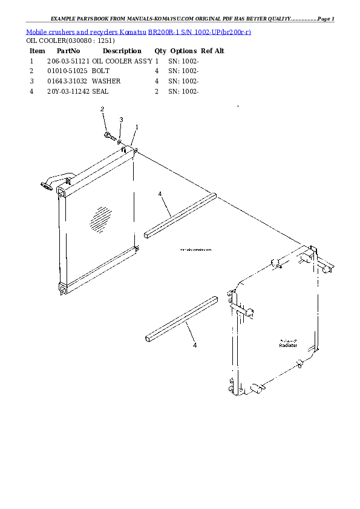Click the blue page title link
coord(139,31)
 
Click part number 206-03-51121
coord(68,61)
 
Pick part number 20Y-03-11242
coord(68,91)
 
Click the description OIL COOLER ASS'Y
coord(122,61)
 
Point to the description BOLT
coord(100,71)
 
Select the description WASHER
coord(106,81)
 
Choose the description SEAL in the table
coord(100,91)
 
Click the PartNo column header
coord(68,51)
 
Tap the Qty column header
coord(160,51)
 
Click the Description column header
coord(122,51)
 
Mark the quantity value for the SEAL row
coord(157,91)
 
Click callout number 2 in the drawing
coord(102,109)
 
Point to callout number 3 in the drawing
coord(121,120)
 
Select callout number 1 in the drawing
coord(137,127)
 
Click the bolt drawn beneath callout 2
coord(108,134)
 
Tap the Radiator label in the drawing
coord(288,345)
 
